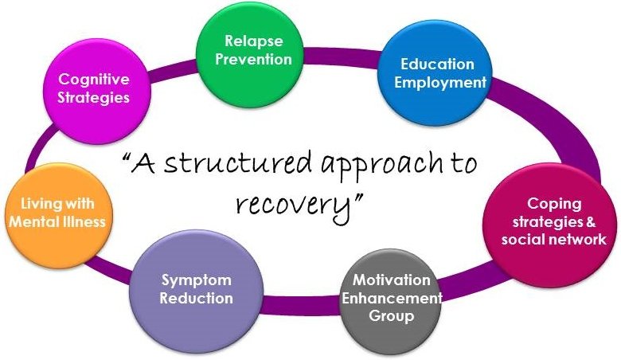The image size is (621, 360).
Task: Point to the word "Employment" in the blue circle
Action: pyautogui.click(x=443, y=82)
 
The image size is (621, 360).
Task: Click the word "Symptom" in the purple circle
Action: pyautogui.click(x=196, y=280)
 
